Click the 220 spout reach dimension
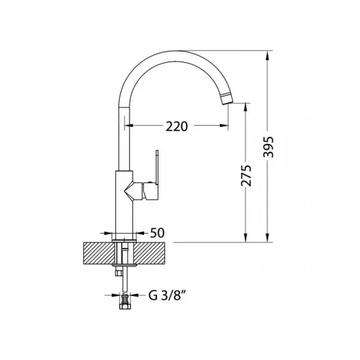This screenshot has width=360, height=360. pyautogui.click(x=177, y=126)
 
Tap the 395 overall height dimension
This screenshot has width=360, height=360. pyautogui.click(x=268, y=147)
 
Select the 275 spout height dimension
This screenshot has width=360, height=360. pyautogui.click(x=246, y=175)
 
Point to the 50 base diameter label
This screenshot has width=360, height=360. pyautogui.click(x=157, y=233)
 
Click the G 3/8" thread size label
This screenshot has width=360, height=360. pyautogui.click(x=167, y=295)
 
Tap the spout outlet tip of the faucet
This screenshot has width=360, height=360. pyautogui.click(x=228, y=99)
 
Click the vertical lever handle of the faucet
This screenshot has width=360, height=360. pyautogui.click(x=157, y=168)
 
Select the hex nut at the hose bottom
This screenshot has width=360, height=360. pyautogui.click(x=125, y=306)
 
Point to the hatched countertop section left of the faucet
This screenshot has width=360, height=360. pyautogui.click(x=99, y=253)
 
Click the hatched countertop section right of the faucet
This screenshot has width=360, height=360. pyautogui.click(x=150, y=253)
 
